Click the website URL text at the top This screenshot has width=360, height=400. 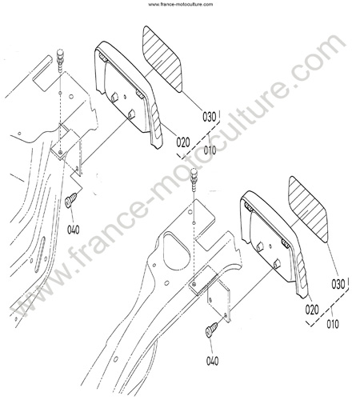click(181, 4)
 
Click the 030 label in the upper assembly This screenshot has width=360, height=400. click(210, 117)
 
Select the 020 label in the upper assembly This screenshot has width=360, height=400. click(183, 142)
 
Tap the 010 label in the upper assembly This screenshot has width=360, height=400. click(210, 150)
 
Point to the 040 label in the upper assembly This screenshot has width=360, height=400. click(73, 230)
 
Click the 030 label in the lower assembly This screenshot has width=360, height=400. click(338, 284)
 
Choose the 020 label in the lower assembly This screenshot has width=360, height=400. click(312, 310)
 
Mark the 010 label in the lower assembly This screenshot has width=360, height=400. click(333, 324)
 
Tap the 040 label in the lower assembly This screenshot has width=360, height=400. click(212, 361)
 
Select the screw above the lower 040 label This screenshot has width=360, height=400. click(211, 330)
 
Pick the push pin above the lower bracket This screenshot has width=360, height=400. click(194, 179)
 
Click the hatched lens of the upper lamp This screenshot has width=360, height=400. click(162, 58)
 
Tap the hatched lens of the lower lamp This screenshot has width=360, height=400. click(308, 209)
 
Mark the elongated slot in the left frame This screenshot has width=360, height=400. click(39, 254)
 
